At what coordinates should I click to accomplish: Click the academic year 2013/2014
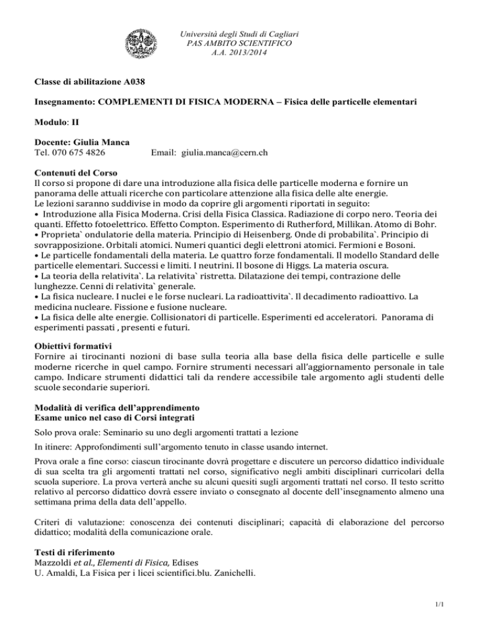click(238, 53)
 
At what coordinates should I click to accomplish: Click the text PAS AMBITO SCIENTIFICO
click(238, 43)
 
